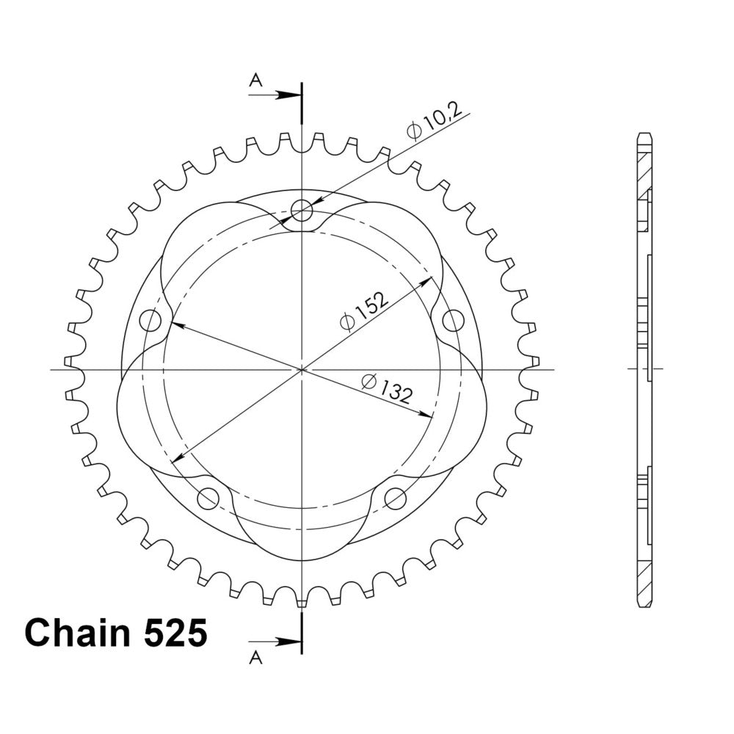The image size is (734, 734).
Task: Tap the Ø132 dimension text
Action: [x=387, y=388]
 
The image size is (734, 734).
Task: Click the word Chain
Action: [x=77, y=633]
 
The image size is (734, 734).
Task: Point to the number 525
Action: [x=175, y=633]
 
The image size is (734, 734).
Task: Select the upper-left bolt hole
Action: [x=150, y=321]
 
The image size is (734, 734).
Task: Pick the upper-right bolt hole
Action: [x=453, y=321]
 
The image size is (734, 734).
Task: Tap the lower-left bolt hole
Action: [x=208, y=498]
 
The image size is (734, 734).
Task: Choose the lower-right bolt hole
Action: [x=395, y=498]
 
